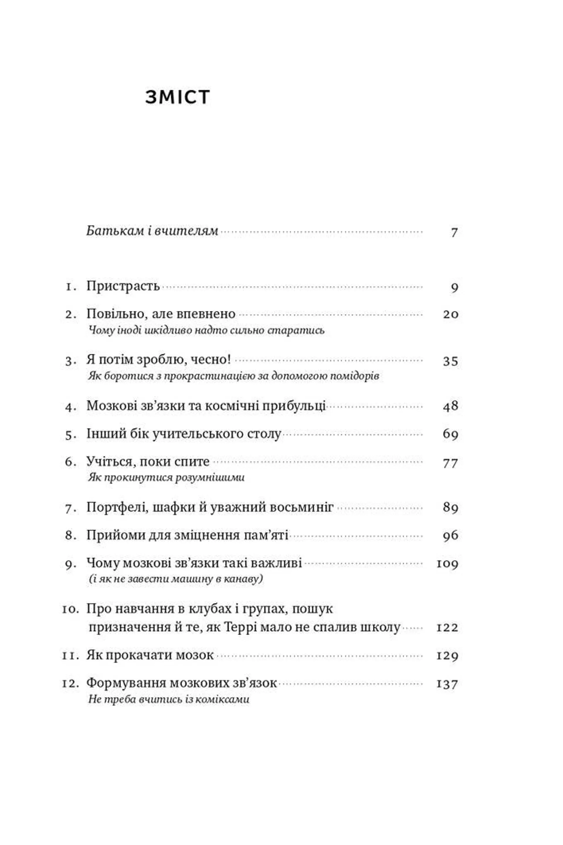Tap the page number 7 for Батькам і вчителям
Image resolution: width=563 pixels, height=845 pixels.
pyautogui.click(x=454, y=232)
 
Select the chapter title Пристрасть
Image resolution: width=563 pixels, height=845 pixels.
pyautogui.click(x=123, y=286)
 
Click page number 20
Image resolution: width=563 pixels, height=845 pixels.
pyautogui.click(x=451, y=314)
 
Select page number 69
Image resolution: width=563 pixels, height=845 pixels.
pyautogui.click(x=451, y=434)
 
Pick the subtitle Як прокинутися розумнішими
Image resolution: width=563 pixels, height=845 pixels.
pyautogui.click(x=166, y=477)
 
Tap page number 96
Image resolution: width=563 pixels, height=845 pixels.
pyautogui.click(x=451, y=535)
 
